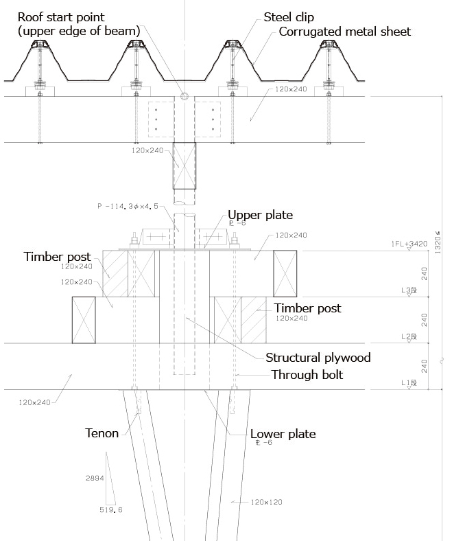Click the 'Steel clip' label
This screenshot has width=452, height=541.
click(x=287, y=18)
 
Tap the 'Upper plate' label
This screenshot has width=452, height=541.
click(x=260, y=215)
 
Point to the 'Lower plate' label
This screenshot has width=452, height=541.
click(x=283, y=434)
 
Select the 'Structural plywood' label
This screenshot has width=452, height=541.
click(x=318, y=358)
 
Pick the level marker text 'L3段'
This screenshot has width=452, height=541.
click(x=409, y=291)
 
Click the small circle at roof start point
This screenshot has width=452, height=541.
click(x=184, y=96)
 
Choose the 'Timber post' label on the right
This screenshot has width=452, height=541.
click(x=307, y=308)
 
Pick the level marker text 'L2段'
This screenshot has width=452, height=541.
click(x=409, y=336)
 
